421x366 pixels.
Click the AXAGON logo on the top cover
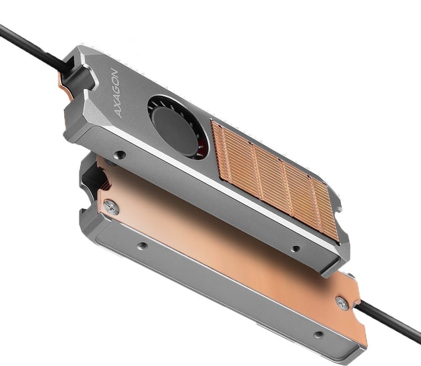coord(114,93)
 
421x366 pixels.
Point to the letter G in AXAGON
coord(114,88)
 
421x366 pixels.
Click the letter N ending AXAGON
coord(114,72)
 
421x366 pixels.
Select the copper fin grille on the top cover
coord(274,179)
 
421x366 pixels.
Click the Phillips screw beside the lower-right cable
coord(343,303)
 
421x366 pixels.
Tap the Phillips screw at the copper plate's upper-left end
coord(111,207)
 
